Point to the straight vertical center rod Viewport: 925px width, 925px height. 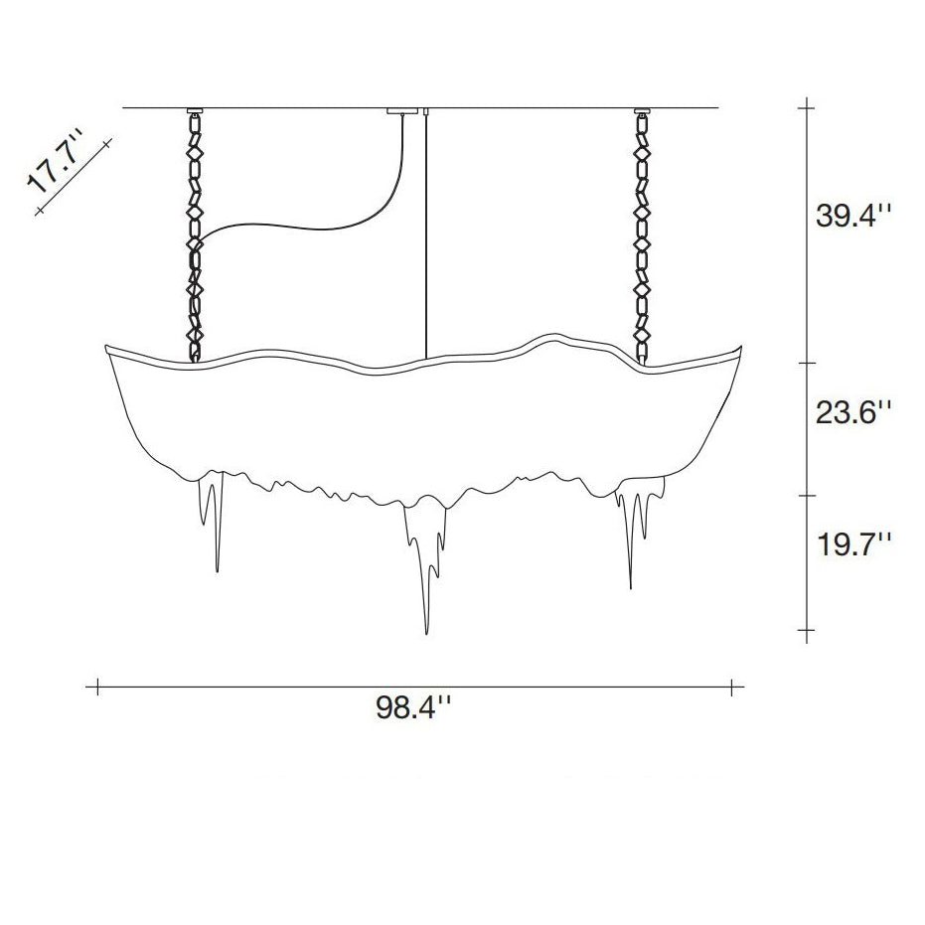pos(425,238)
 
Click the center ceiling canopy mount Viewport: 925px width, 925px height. pos(401,110)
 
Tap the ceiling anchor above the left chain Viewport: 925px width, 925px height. pos(195,110)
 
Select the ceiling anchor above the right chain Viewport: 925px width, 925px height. pos(641,110)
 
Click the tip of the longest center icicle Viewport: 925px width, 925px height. pos(426,633)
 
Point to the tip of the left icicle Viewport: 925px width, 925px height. pos(218,571)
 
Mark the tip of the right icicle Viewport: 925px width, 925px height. pos(630,587)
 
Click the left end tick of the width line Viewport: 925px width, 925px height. pos(97,686)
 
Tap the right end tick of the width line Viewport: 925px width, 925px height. pos(732,686)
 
